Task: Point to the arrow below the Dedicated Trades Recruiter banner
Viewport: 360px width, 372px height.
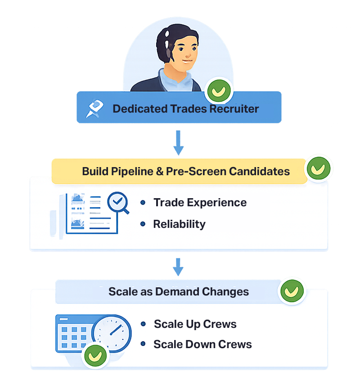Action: pyautogui.click(x=179, y=144)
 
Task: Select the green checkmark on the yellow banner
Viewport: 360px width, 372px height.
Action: pyautogui.click(x=319, y=168)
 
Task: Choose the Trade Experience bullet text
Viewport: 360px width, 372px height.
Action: pyautogui.click(x=200, y=203)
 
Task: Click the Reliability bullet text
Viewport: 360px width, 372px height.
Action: pyautogui.click(x=179, y=224)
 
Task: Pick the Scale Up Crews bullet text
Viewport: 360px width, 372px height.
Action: pyautogui.click(x=195, y=324)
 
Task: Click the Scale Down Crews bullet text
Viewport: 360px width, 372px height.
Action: pyautogui.click(x=202, y=345)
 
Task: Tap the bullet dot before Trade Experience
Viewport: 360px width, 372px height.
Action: pyautogui.click(x=143, y=203)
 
